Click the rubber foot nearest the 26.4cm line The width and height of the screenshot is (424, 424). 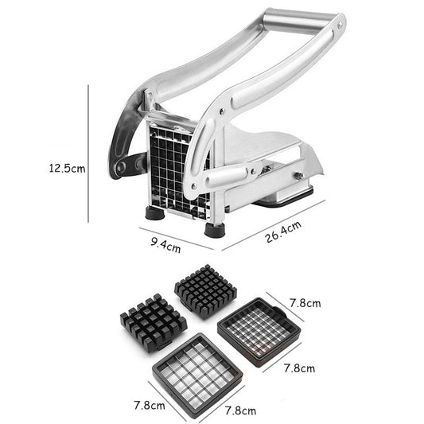click(x=214, y=230)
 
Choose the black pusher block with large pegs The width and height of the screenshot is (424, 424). click(x=153, y=324)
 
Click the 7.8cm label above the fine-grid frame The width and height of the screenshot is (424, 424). click(x=304, y=303)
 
